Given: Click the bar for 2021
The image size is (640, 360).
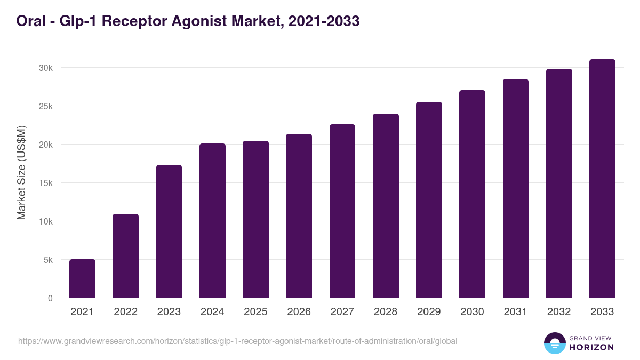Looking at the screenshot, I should point(82,278).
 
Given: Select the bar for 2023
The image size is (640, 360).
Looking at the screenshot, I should point(169,231).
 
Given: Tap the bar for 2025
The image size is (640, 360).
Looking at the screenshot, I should point(255,219).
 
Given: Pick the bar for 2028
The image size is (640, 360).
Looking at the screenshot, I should point(386,206).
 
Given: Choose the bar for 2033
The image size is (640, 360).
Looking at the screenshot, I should point(602,179).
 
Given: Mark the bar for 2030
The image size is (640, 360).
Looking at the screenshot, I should point(472,194).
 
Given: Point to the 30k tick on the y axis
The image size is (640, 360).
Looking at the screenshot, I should point(46,68).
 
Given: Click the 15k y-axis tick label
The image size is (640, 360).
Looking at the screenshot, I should point(46,183).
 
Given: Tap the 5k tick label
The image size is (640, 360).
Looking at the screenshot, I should point(48,260).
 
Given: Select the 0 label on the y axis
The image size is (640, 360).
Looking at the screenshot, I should point(50,298).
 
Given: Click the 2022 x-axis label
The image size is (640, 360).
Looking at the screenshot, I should point(125,312).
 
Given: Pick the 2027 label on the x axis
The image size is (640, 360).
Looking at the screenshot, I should point(342,312).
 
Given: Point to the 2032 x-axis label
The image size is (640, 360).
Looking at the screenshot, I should point(559,312).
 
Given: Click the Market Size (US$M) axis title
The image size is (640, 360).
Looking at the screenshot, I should point(21,172).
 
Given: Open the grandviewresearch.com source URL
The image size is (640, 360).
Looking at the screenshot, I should point(237,341).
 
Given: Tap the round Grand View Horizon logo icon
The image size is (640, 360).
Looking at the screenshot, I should point(554,343).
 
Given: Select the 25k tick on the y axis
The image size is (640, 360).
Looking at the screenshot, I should point(46,106).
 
